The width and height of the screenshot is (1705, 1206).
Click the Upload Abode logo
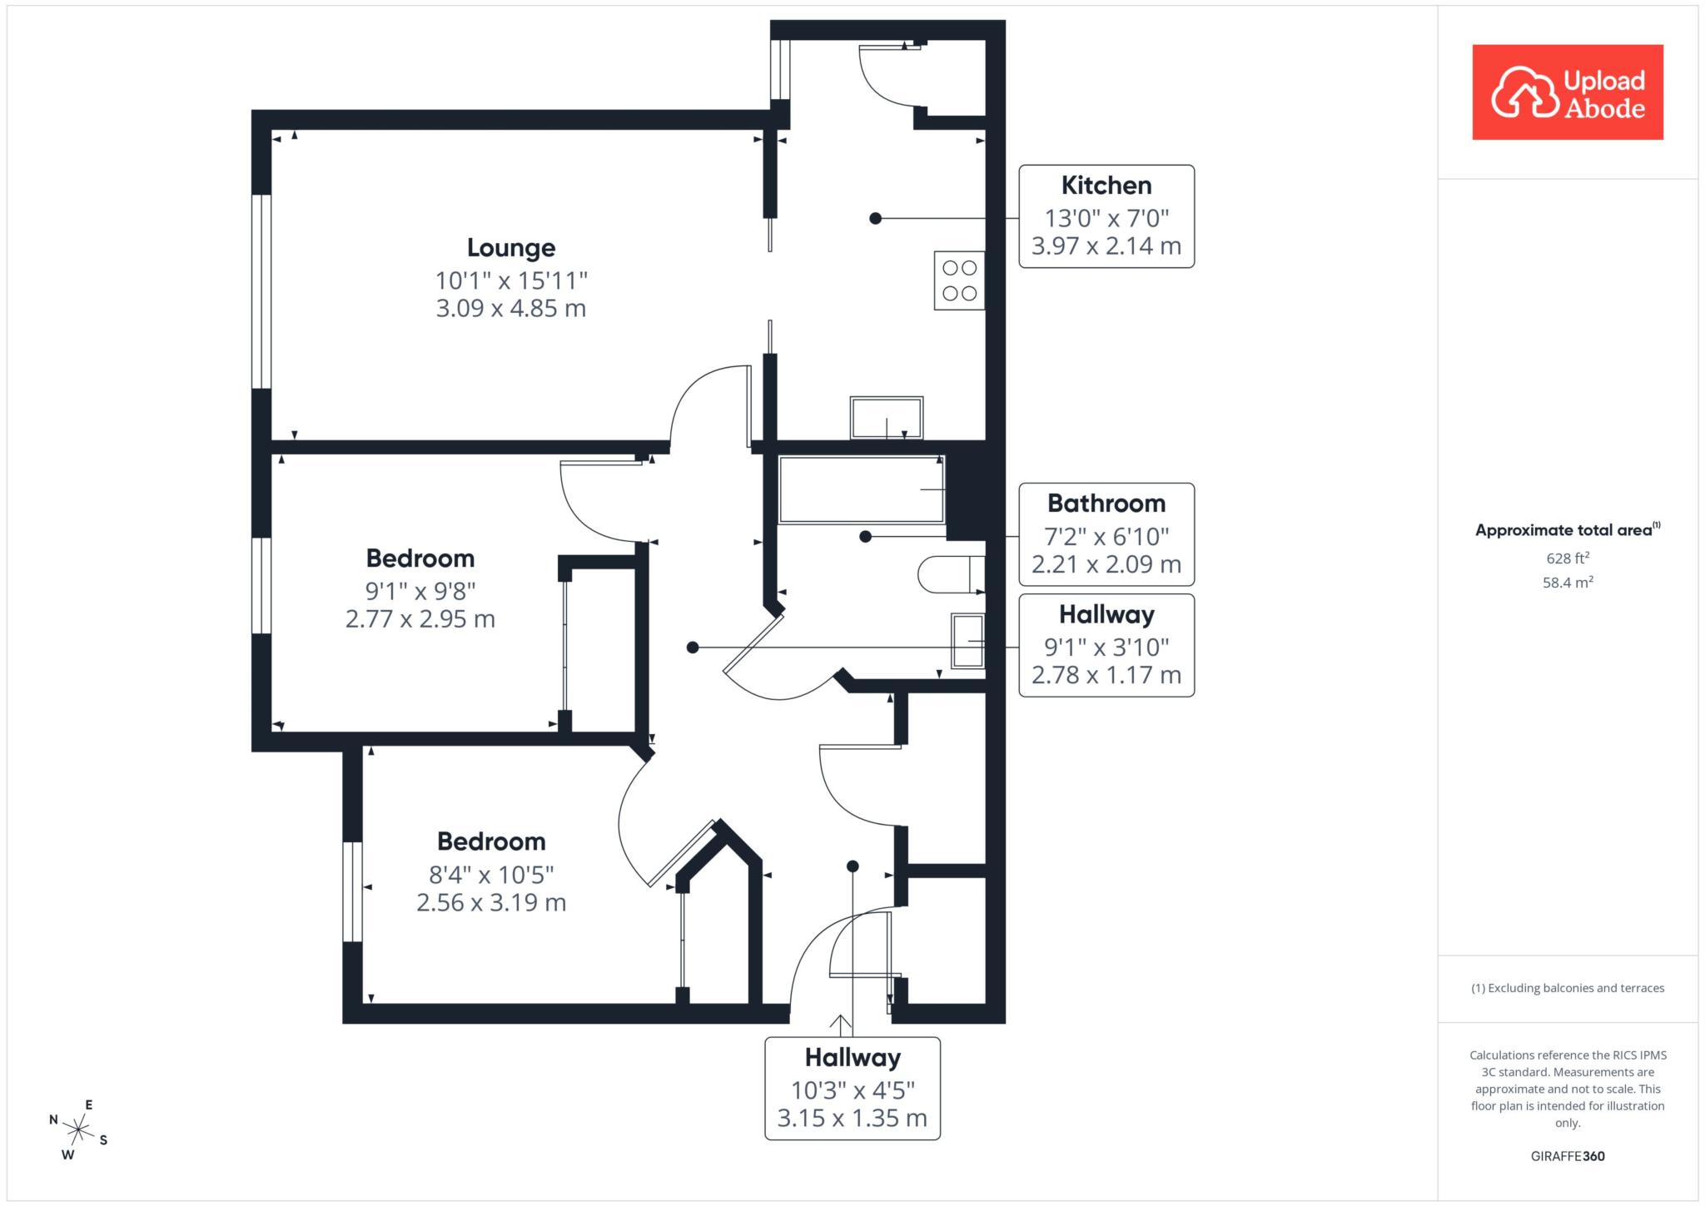tap(1568, 92)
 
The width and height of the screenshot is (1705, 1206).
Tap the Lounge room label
tap(511, 248)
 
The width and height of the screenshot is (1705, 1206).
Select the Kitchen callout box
tap(1106, 216)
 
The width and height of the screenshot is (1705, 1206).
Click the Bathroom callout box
tap(1106, 534)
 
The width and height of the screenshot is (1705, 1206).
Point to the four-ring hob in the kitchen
tap(959, 280)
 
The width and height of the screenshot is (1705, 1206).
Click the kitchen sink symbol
tap(887, 418)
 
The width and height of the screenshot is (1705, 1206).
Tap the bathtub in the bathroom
tap(862, 489)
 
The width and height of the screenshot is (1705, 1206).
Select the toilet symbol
tap(952, 574)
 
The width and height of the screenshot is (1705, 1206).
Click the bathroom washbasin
tap(968, 641)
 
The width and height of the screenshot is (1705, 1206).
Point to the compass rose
tap(78, 1129)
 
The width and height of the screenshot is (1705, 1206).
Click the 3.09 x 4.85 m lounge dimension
tap(511, 309)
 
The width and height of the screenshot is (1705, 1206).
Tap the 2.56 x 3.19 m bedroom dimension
tap(491, 902)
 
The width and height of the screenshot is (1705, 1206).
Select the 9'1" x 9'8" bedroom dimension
tap(420, 591)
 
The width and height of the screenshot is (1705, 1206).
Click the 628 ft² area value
tap(1568, 558)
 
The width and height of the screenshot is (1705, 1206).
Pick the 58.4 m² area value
tap(1568, 582)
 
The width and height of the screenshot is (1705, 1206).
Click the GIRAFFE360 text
tap(1568, 1156)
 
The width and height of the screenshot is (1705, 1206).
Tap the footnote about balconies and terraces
tap(1568, 988)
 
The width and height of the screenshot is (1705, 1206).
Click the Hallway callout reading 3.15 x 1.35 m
tap(852, 1088)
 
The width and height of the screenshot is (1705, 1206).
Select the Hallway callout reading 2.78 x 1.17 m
tap(1106, 645)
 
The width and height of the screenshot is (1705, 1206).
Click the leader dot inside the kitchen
tap(875, 218)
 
